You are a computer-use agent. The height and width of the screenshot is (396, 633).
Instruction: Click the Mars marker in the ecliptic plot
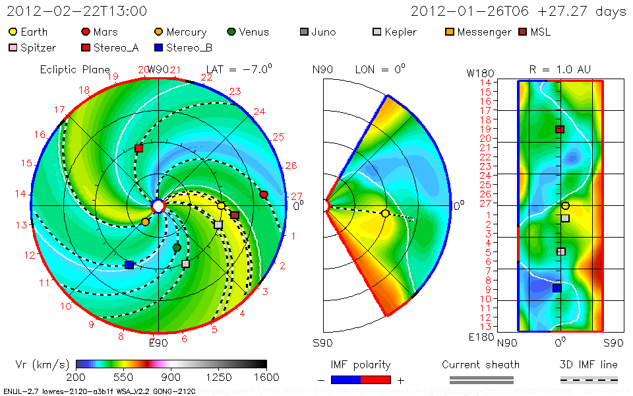[x=264, y=194]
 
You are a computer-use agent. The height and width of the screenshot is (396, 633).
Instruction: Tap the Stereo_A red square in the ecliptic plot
[x=138, y=148]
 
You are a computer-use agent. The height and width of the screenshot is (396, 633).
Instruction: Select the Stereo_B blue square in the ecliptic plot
[x=129, y=265]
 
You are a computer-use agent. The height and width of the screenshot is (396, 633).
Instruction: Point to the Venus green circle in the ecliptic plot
[x=177, y=247]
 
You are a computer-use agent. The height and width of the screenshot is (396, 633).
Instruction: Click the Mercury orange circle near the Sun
[x=145, y=222]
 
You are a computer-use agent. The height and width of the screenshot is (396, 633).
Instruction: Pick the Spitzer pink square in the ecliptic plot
[x=185, y=264]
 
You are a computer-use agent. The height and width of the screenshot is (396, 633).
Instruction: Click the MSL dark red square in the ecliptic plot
[x=235, y=215]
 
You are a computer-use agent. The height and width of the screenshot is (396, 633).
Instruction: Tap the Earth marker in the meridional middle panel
[x=385, y=213]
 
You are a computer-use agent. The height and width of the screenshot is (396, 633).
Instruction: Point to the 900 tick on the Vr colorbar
[x=171, y=377]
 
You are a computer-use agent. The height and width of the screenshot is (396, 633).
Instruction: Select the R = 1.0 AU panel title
[x=560, y=69]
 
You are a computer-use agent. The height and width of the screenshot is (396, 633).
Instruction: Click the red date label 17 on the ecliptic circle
[x=60, y=110]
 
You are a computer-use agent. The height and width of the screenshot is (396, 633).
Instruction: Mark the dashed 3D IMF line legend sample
[x=589, y=379]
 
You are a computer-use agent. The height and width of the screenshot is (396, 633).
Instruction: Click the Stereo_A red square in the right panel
[x=560, y=129]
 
